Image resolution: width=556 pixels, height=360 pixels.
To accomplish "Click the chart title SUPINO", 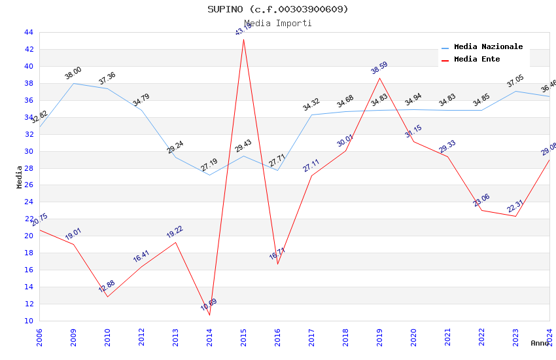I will coord(278,9).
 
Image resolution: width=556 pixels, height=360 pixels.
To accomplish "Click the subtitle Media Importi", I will coord(278,23).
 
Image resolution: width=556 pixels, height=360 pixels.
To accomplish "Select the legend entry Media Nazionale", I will coord(488,47).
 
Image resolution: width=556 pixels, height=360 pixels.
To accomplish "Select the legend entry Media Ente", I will coord(477,60).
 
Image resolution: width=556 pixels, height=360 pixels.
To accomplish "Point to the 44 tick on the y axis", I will coord(29,32).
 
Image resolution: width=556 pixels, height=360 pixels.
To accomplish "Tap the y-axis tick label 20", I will coord(29,236).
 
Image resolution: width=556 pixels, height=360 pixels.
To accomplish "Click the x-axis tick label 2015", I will coord(244,337).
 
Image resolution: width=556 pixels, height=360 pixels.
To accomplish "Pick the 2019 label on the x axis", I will coord(380,337).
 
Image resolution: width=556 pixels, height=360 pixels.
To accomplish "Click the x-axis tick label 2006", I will coord(40,337).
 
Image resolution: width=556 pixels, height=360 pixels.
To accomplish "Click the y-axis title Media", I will coord(20,177).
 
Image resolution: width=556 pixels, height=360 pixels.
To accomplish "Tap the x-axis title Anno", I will coord(540,343).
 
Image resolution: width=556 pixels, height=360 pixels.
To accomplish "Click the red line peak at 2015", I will coord(243,39).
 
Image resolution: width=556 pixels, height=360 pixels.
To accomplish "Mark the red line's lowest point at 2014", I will coord(209,315).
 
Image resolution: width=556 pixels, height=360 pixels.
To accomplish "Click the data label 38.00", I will coord(73,73).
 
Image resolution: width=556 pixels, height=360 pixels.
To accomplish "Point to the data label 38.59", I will coord(379,68).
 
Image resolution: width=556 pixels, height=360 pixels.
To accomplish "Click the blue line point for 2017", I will coord(311,115).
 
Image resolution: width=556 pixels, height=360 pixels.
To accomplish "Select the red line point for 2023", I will coord(515,216).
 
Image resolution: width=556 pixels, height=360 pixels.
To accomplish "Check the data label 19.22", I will coord(175,232).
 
